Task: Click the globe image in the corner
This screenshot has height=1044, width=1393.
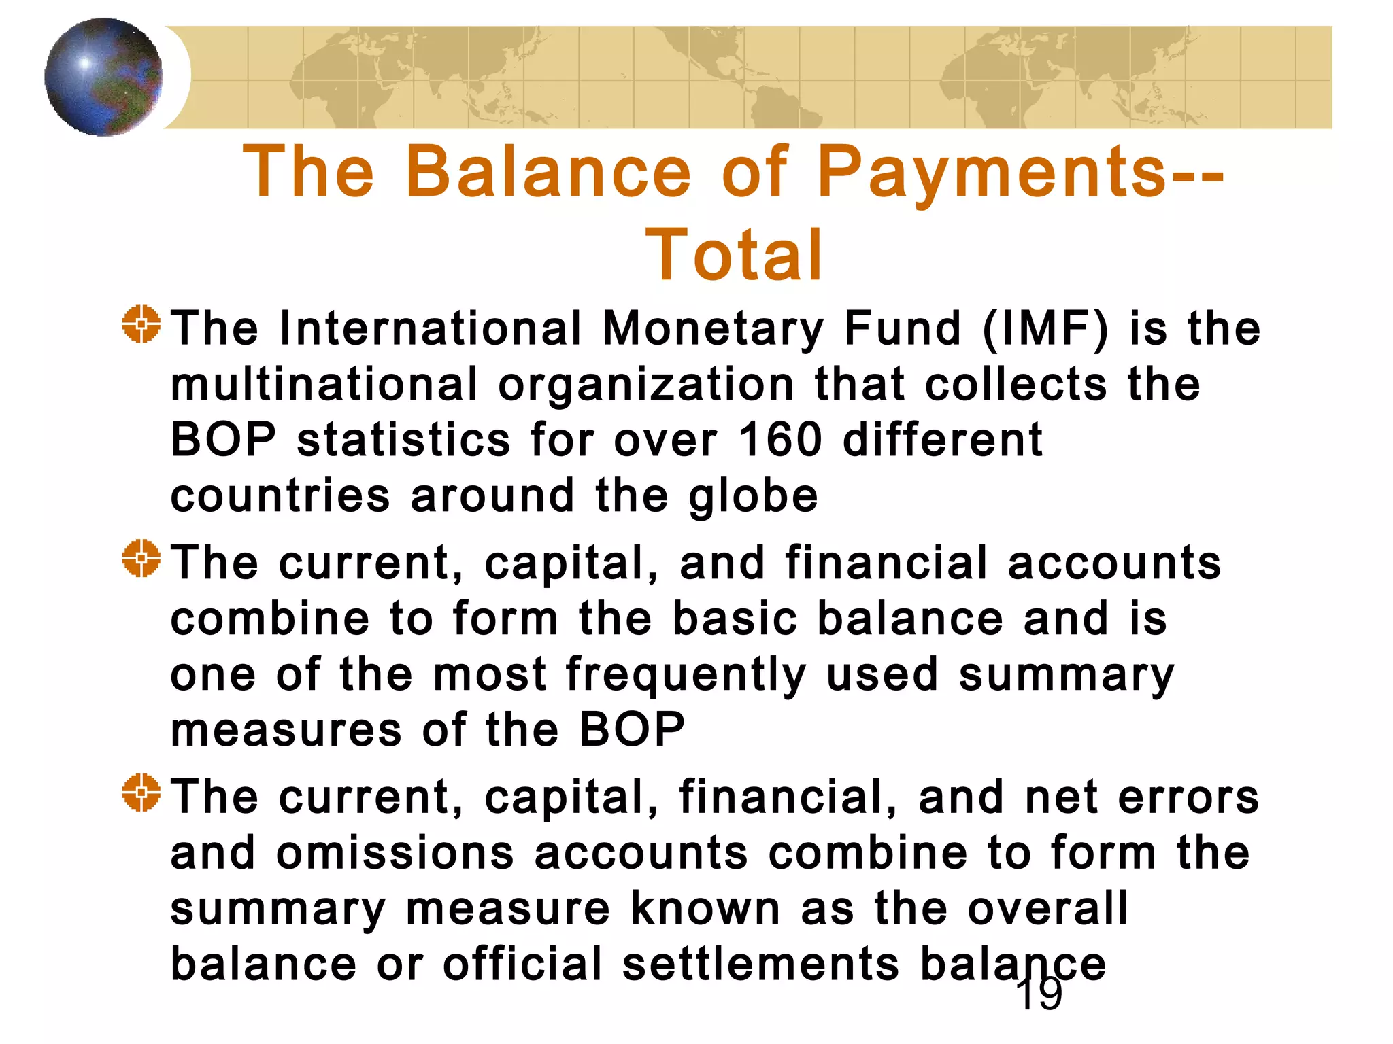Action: pos(103,77)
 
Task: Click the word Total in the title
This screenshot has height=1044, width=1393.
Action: pos(735,255)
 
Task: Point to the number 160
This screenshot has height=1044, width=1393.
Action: pos(780,440)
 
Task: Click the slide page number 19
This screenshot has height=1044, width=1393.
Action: pos(1039,995)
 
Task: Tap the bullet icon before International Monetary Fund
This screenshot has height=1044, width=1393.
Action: pos(141,325)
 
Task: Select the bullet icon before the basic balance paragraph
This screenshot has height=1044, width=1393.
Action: pos(141,559)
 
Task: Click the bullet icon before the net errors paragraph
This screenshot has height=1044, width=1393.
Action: pos(141,793)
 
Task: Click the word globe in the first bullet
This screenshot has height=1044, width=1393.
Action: pos(753,497)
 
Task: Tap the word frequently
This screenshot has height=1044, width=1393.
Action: pos(686,676)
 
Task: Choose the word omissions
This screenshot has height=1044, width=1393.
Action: pos(395,853)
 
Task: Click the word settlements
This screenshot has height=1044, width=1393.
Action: pos(760,964)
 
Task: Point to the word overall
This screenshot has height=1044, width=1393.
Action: pos(1047,909)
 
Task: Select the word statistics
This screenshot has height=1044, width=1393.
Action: pos(403,440)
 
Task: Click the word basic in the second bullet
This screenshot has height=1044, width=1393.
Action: pos(735,619)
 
